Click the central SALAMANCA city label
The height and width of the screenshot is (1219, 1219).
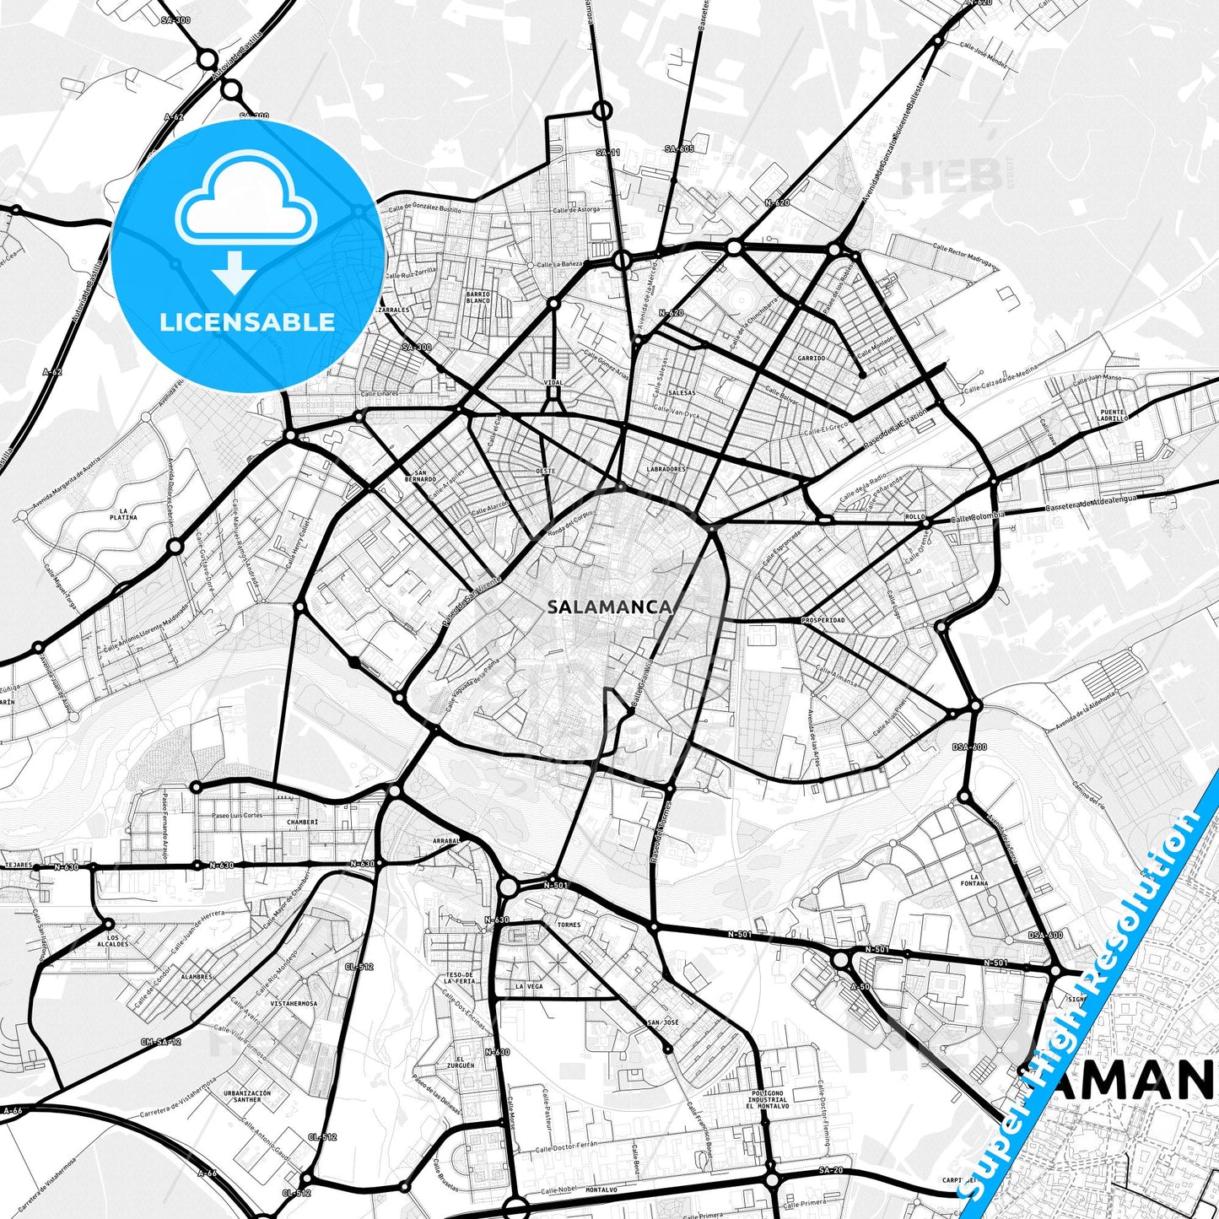[609, 607]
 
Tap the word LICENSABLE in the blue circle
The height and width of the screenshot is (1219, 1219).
[247, 321]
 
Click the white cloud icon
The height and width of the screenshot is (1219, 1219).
[245, 199]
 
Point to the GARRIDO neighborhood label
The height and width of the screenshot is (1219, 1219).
[811, 358]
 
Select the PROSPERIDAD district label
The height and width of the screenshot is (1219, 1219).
[823, 620]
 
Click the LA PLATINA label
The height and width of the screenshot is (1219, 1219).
[127, 514]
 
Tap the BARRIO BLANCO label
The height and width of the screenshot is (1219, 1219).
[477, 297]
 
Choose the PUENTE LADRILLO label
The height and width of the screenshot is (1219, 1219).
[1112, 414]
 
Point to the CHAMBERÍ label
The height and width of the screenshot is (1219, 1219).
[302, 821]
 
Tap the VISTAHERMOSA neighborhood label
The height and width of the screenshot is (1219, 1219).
[294, 1004]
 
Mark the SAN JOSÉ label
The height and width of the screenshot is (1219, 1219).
[662, 1022]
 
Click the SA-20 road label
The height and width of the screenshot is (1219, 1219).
[830, 1170]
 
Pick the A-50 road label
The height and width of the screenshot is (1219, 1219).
[860, 986]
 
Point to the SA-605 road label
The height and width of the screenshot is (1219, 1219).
[679, 148]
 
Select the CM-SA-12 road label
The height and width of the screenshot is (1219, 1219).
[160, 1042]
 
